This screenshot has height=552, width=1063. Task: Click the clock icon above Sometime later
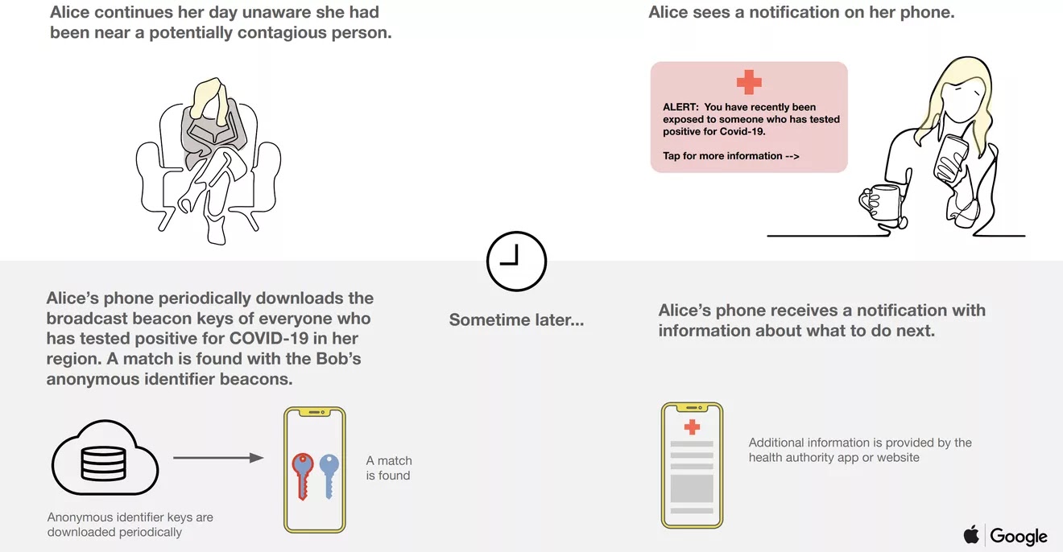click(x=516, y=262)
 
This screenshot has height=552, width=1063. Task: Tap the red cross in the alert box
click(x=749, y=81)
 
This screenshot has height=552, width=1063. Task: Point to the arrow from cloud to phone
click(x=218, y=458)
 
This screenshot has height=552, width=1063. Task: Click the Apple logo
click(x=971, y=535)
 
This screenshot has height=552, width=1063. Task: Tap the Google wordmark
click(x=1019, y=536)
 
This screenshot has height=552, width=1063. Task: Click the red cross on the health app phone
click(x=692, y=426)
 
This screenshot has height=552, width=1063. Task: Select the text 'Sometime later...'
click(x=516, y=320)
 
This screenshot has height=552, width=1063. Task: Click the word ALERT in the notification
click(x=680, y=107)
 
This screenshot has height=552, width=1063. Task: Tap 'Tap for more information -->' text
click(x=730, y=156)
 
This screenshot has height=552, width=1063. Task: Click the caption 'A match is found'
click(x=388, y=468)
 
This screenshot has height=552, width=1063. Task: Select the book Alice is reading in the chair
click(x=203, y=137)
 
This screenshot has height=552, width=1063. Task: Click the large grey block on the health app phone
click(x=692, y=488)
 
